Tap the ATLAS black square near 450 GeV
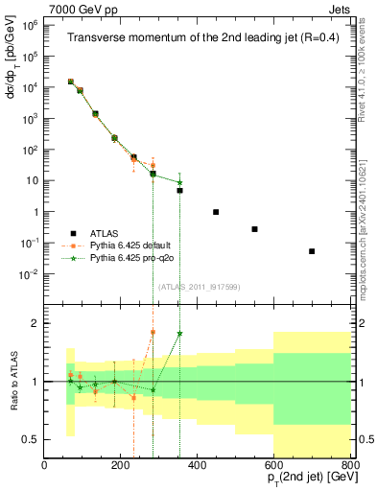point(216,212)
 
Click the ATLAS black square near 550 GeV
point(254,229)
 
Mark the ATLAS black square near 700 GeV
point(312,251)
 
